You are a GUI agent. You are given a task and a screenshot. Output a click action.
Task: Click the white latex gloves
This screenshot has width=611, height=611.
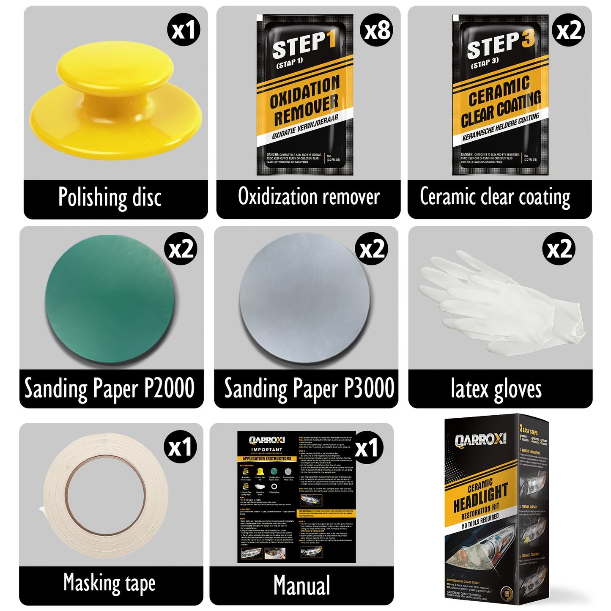pos(499,298)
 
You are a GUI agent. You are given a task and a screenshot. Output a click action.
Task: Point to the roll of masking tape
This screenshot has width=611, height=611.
pos(106,497)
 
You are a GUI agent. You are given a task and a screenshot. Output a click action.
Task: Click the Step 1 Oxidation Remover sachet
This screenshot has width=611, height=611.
pos(304,95)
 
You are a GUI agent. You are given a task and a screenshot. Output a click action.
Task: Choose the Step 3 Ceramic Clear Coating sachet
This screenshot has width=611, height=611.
pos(500,95)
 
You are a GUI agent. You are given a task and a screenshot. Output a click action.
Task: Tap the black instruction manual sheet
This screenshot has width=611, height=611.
pos(296,497)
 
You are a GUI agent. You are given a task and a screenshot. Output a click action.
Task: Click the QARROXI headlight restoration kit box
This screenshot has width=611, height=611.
pos(497,507)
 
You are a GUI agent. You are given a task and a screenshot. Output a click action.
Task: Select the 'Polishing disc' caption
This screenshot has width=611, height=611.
pos(110,197)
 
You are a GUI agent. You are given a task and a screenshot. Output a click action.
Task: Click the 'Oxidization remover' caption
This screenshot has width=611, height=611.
pos(309,197)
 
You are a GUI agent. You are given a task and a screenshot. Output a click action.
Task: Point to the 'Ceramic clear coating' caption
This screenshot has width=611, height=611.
pos(495,197)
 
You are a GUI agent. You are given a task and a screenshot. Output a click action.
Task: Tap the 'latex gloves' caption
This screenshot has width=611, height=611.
pos(496,389)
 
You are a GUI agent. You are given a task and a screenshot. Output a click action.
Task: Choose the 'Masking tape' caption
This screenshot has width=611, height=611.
pos(109,584)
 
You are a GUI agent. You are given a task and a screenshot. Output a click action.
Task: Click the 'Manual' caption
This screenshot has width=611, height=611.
pos(301,586)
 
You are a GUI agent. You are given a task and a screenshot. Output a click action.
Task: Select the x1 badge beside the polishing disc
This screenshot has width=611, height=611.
pos(184,30)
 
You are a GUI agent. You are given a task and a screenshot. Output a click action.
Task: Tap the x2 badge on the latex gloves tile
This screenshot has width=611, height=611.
pos(559,249)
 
